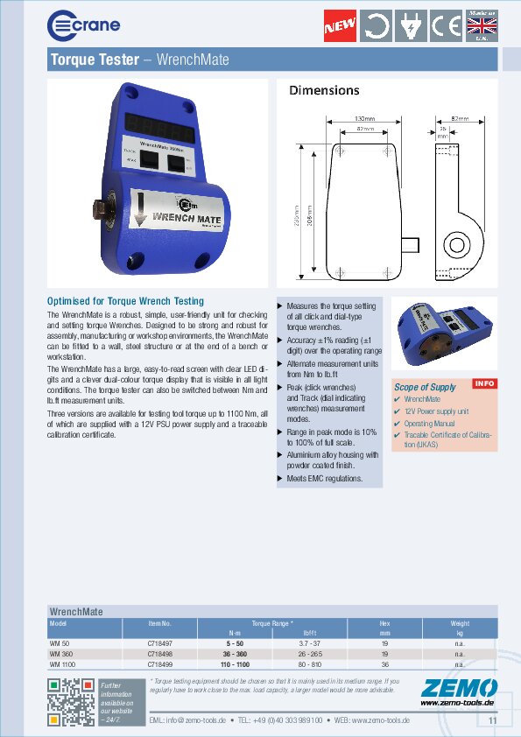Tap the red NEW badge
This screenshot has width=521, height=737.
[x=340, y=26]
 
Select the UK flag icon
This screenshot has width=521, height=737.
[x=481, y=27]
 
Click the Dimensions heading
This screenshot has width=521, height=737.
[x=324, y=90]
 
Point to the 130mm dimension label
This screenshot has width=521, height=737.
[x=364, y=118]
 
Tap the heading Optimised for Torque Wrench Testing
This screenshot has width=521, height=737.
[x=125, y=301]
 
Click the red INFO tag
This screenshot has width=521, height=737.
[x=484, y=383]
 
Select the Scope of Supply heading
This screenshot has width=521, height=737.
[x=425, y=387]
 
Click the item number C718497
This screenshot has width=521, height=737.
[x=158, y=643]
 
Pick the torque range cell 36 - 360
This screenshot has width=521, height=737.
[x=236, y=654]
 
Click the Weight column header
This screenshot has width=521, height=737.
[x=459, y=623]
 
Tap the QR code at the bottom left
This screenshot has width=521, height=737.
[x=69, y=702]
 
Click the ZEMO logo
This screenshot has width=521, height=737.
[x=458, y=688]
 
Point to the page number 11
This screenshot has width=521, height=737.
[x=492, y=720]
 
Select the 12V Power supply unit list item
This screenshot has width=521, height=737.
[x=436, y=411]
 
